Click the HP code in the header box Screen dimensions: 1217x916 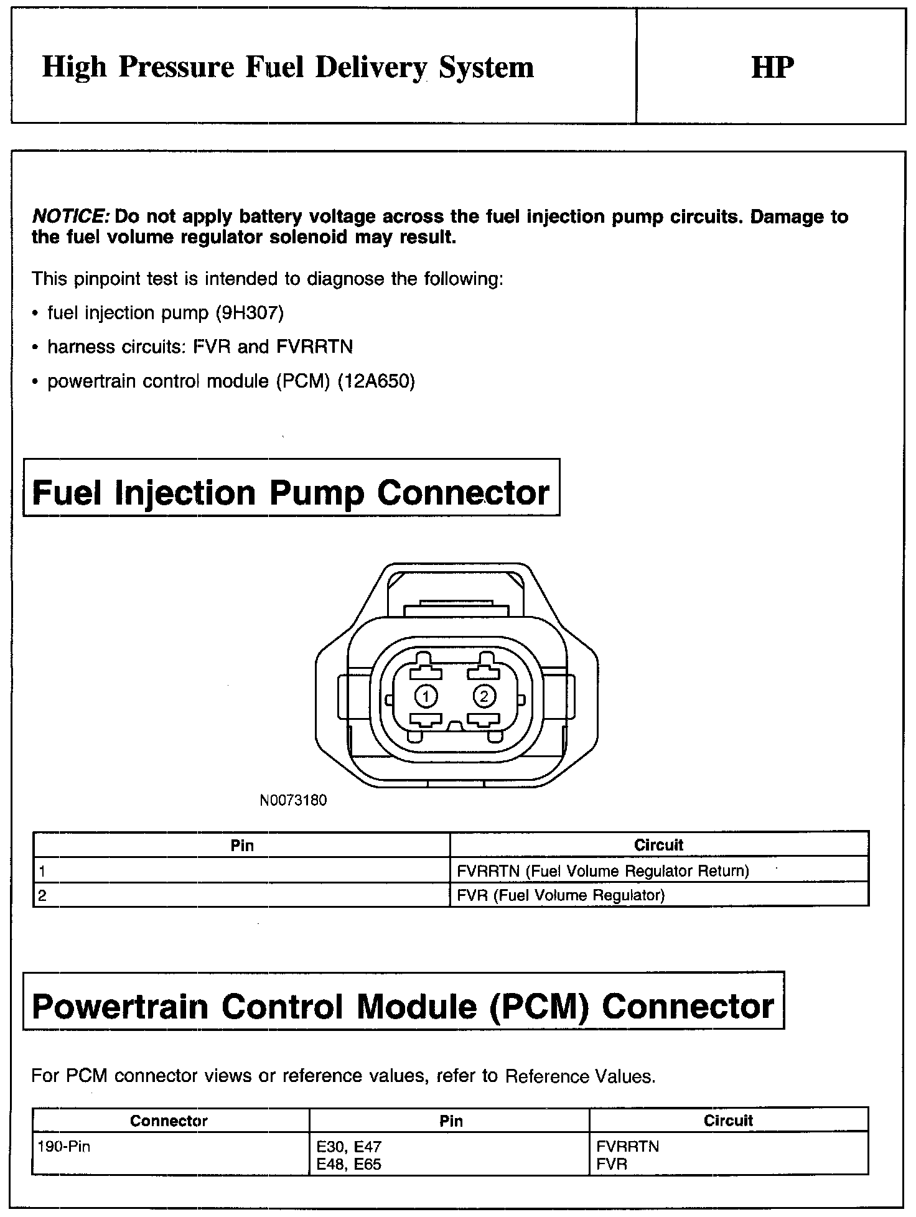pos(772,68)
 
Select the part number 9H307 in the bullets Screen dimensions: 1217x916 pos(250,313)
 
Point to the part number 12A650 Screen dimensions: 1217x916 pos(376,381)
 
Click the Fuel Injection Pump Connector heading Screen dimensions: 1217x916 pos(291,493)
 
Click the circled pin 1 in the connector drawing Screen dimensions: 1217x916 pos(426,696)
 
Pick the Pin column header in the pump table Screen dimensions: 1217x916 pos(242,845)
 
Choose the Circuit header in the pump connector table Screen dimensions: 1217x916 pos(658,845)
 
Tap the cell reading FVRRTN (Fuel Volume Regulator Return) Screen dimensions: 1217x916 pos(602,871)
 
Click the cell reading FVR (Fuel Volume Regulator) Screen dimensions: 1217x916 pos(561,895)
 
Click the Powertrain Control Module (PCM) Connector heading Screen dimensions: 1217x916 pos(403,1007)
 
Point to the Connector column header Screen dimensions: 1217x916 pos(169,1121)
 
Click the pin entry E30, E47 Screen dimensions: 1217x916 pos(348,1146)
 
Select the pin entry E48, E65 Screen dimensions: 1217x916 pos(348,1163)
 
